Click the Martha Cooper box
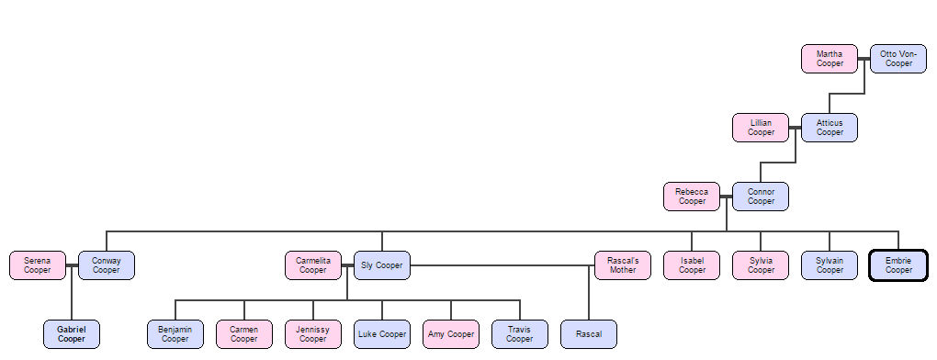point(830,59)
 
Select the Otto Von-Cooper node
point(898,59)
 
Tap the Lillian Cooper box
point(761,128)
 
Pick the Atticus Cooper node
point(830,128)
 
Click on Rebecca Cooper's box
point(692,197)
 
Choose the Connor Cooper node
point(761,197)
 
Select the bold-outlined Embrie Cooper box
point(898,265)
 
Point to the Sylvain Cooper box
point(830,265)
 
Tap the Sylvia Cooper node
point(761,265)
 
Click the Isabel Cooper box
point(692,265)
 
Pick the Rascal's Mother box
point(623,265)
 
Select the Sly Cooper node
point(382,265)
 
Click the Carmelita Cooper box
point(313,265)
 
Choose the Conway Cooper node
point(107,265)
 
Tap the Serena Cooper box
point(38,265)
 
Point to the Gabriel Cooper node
point(72,334)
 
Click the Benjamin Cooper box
point(175,334)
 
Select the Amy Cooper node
point(451,334)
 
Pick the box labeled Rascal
point(589,334)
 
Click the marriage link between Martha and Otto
point(864,59)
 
